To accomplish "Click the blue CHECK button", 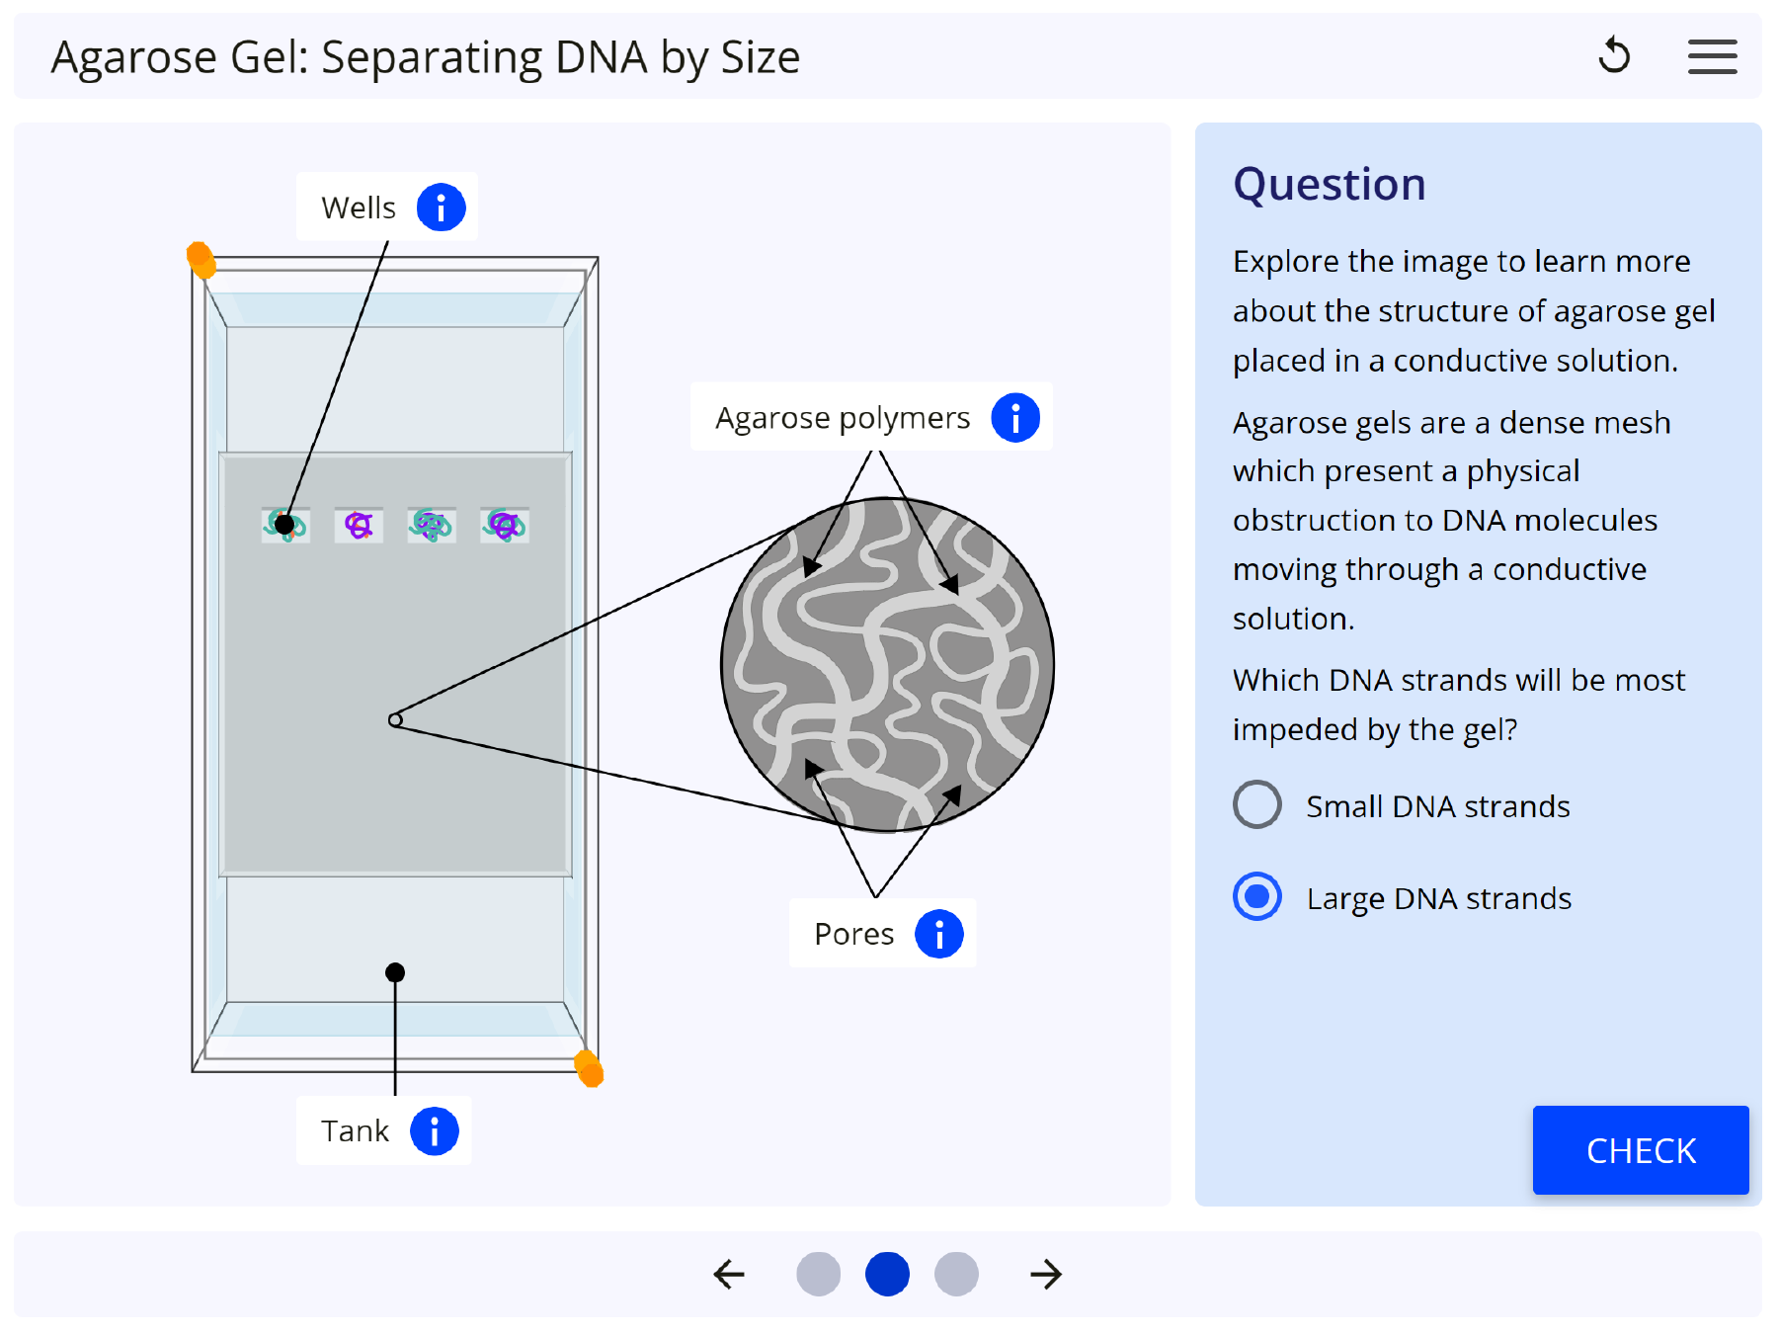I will [x=1640, y=1150].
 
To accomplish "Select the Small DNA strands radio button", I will [x=1256, y=804].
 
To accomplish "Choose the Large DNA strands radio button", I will [x=1256, y=896].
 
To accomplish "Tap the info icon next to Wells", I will [x=441, y=208].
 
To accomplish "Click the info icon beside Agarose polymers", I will [x=1015, y=417].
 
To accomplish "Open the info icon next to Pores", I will [x=938, y=934].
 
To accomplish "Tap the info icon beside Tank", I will [x=434, y=1130].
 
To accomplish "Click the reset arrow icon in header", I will [x=1614, y=55].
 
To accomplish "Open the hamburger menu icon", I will [x=1712, y=56].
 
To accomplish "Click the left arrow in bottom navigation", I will [x=729, y=1274].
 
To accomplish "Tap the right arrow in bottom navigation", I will [x=1045, y=1274].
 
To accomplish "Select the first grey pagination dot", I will [x=818, y=1274].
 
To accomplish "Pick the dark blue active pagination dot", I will [x=887, y=1274].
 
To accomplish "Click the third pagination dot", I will [x=956, y=1274].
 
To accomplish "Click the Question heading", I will [x=1329, y=185].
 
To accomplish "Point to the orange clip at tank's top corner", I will [x=202, y=260].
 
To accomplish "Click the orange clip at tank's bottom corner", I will [x=590, y=1068].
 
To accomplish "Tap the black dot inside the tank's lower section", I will [x=395, y=972].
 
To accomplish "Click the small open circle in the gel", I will [x=395, y=720].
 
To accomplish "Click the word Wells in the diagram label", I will [x=358, y=208].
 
